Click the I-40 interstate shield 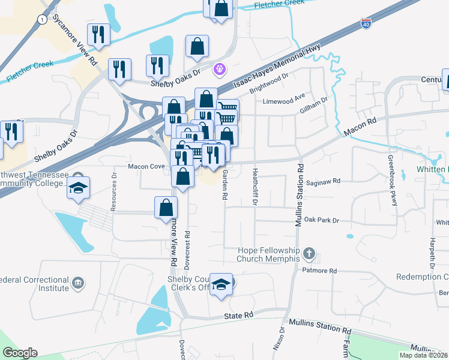[x=366, y=23]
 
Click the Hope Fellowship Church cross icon [x=309, y=253]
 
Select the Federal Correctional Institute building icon [x=77, y=283]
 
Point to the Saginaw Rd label [x=324, y=181]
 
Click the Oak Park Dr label [x=321, y=221]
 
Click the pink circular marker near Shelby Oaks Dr [x=220, y=69]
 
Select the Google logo [x=20, y=353]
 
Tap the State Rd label [x=239, y=316]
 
